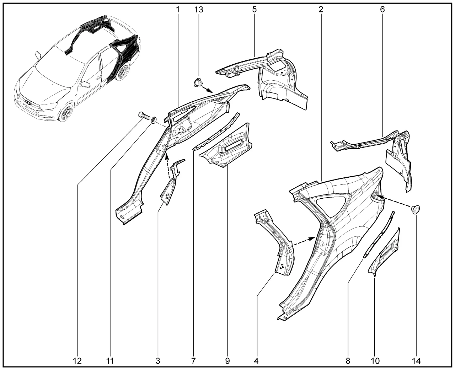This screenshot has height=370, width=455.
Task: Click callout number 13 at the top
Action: click(199, 10)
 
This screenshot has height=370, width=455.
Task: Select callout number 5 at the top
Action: click(254, 10)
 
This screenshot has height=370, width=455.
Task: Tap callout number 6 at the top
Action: click(382, 9)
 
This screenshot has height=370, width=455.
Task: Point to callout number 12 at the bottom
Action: click(77, 361)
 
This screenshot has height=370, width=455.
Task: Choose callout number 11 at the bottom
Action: click(110, 361)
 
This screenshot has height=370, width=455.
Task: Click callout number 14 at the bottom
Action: click(416, 361)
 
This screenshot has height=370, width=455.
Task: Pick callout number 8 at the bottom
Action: click(348, 361)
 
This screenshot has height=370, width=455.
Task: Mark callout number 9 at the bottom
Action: click(227, 361)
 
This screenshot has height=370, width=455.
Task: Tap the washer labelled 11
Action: click(154, 120)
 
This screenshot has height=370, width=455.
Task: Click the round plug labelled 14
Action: click(416, 209)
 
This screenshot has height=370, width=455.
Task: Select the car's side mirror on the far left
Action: click(38, 55)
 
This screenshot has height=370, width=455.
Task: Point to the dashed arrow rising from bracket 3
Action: click(168, 166)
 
